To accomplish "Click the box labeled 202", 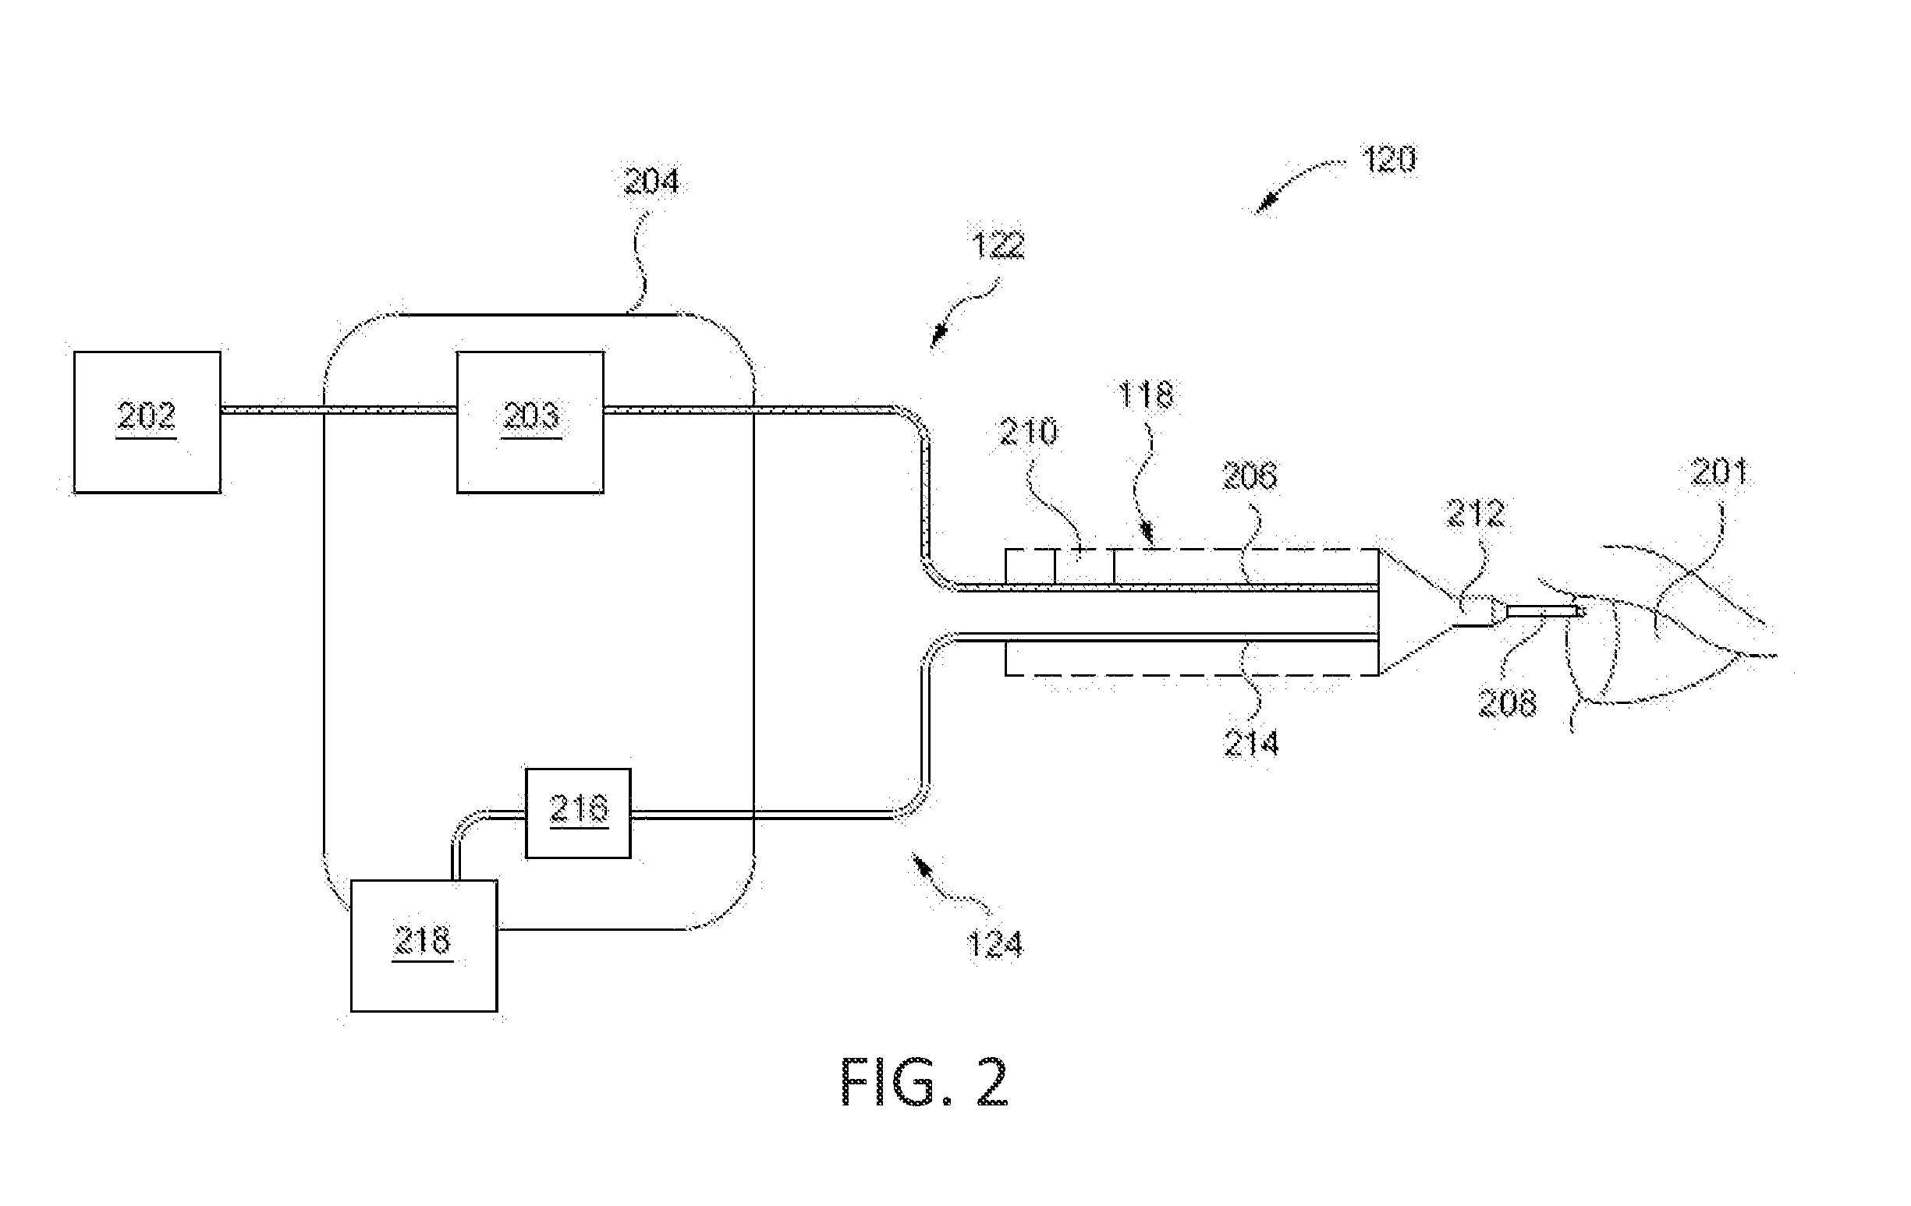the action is point(147,422).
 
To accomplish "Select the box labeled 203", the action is point(530,422).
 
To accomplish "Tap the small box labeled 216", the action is point(579,813).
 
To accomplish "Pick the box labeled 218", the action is point(424,946).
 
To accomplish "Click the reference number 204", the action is point(651,182).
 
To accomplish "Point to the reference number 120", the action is point(1389,160).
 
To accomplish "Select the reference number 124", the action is point(995,945).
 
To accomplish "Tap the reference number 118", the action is point(1145,394).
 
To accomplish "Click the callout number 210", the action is point(1029,433).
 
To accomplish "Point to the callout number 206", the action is point(1250,476).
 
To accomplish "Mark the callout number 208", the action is point(1507,703).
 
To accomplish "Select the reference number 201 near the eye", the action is point(1720,473).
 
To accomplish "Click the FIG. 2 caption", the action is point(924,1082).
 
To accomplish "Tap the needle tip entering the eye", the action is point(1581,612).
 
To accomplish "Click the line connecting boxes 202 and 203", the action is point(339,410).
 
